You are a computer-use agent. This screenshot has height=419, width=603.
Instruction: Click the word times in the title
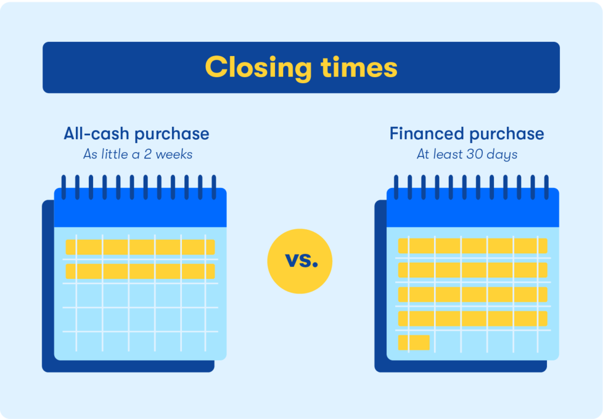pyautogui.click(x=359, y=67)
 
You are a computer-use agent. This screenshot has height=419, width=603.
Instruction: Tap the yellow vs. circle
pyautogui.click(x=300, y=261)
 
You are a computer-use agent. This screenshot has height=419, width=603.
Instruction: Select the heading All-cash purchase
pyautogui.click(x=137, y=134)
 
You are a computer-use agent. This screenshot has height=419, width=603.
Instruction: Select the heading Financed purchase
pyautogui.click(x=467, y=134)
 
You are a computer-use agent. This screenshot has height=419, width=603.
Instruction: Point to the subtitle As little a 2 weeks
pyautogui.click(x=138, y=154)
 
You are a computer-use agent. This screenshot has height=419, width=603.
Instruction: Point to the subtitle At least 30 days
pyautogui.click(x=467, y=154)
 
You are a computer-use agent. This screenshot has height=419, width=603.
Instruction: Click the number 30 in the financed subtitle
pyautogui.click(x=475, y=154)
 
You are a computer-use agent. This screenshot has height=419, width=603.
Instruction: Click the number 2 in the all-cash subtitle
pyautogui.click(x=148, y=154)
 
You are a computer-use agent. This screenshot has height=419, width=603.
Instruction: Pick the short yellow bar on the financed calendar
pyautogui.click(x=414, y=342)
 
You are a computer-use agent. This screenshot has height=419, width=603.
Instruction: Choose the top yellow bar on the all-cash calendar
pyautogui.click(x=140, y=247)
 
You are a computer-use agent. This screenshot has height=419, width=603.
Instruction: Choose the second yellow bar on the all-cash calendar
pyautogui.click(x=140, y=271)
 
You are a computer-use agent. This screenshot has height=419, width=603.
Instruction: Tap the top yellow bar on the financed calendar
pyautogui.click(x=473, y=246)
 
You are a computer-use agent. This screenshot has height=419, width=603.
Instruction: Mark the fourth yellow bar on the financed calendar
pyautogui.click(x=473, y=319)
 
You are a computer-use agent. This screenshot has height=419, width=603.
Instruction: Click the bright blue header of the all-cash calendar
pyautogui.click(x=140, y=208)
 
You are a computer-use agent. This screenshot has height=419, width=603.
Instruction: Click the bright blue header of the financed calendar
pyautogui.click(x=473, y=208)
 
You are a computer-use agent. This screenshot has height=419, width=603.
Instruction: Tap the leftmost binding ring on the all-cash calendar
pyautogui.click(x=64, y=187)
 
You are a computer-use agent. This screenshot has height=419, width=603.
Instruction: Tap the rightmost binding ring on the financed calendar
pyautogui.click(x=546, y=187)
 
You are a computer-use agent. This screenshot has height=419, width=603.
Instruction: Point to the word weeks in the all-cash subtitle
pyautogui.click(x=174, y=154)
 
